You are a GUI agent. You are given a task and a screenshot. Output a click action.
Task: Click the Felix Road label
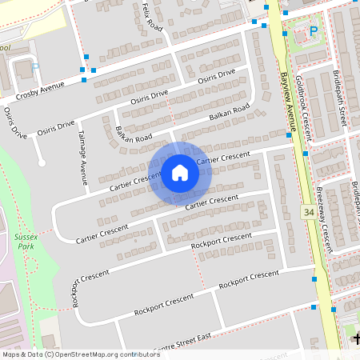[x=152, y=17]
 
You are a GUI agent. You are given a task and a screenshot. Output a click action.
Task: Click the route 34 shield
[x=309, y=213]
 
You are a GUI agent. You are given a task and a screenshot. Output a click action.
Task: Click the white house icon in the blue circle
[x=180, y=173]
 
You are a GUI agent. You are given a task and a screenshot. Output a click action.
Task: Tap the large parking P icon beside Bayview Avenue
[x=313, y=32]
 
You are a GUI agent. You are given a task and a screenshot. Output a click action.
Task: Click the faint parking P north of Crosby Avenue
[x=34, y=69]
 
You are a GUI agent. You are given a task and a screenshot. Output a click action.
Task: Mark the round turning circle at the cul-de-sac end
[x=42, y=164]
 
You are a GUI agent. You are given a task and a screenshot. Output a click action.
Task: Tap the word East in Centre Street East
[x=202, y=338]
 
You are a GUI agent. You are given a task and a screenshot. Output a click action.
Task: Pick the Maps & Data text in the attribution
[x=22, y=354]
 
